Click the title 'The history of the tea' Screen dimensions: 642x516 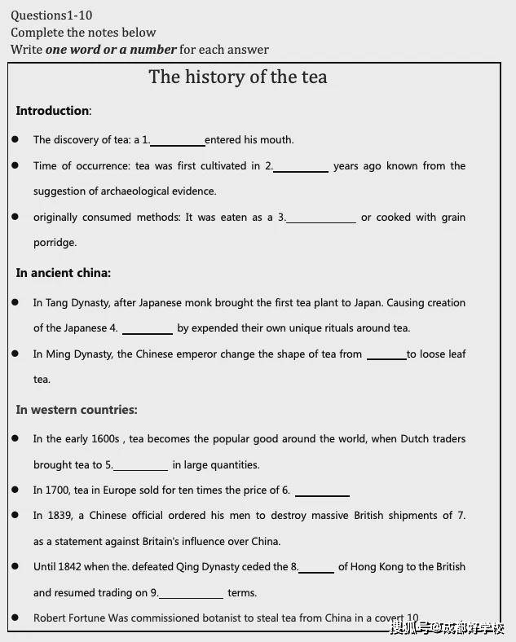point(237,77)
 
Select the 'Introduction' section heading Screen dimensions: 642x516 point(52,111)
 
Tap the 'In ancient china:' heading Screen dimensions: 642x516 point(64,273)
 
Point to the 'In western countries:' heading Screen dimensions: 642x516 point(77,410)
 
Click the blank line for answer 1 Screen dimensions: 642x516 point(178,143)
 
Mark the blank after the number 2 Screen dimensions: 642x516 point(301,169)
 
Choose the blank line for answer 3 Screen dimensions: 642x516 point(321,221)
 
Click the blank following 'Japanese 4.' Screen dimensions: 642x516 point(148,332)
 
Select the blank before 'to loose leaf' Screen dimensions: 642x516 point(386,358)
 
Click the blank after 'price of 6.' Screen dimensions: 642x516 point(322,494)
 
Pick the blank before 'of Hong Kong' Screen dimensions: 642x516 point(316,570)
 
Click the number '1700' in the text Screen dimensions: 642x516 point(57,490)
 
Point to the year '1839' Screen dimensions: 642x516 point(57,516)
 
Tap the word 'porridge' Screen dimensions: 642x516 point(55,243)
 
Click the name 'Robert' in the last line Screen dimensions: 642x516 point(51,618)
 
